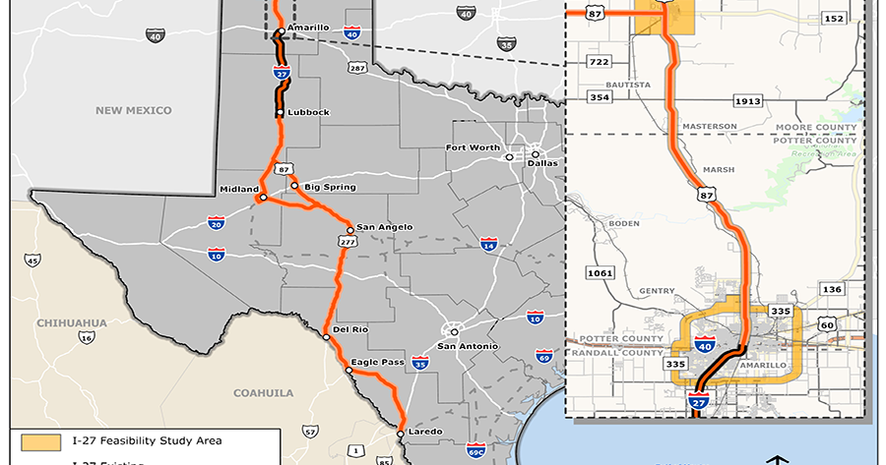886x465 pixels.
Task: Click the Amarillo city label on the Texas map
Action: pyautogui.click(x=309, y=28)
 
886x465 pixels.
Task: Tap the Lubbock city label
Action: pyautogui.click(x=309, y=112)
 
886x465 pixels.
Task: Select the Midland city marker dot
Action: pyautogui.click(x=262, y=198)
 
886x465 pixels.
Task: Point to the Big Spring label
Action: pyautogui.click(x=330, y=186)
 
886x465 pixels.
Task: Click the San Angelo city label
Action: pyautogui.click(x=385, y=227)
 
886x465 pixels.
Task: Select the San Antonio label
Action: pyautogui.click(x=468, y=346)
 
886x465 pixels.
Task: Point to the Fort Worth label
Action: pyautogui.click(x=473, y=147)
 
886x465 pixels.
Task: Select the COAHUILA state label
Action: pyautogui.click(x=263, y=392)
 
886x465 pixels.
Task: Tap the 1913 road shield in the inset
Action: pyautogui.click(x=748, y=101)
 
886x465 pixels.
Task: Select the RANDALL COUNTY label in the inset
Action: pyautogui.click(x=611, y=351)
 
